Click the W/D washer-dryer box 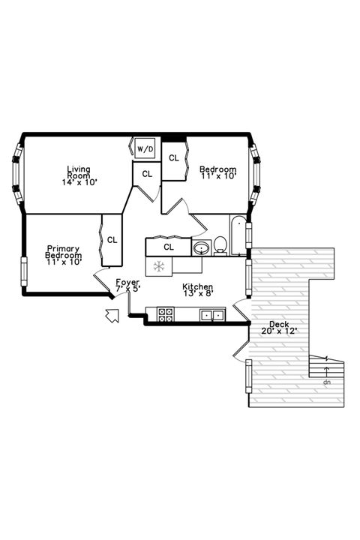pyautogui.click(x=145, y=149)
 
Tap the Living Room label pyautogui.click(x=79, y=175)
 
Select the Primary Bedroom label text pyautogui.click(x=63, y=255)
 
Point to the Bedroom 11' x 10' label pyautogui.click(x=217, y=173)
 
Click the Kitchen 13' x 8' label pyautogui.click(x=198, y=290)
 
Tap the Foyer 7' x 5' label pyautogui.click(x=127, y=286)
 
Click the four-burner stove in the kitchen pyautogui.click(x=165, y=315)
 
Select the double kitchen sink pyautogui.click(x=211, y=315)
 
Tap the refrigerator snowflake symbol pyautogui.click(x=158, y=265)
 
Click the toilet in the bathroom pyautogui.click(x=220, y=245)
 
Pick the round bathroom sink pyautogui.click(x=201, y=247)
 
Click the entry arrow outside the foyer pyautogui.click(x=112, y=316)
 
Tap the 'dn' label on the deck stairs pyautogui.click(x=326, y=382)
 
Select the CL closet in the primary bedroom pyautogui.click(x=112, y=240)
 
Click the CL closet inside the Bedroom pyautogui.click(x=173, y=158)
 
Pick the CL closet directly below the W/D pyautogui.click(x=147, y=174)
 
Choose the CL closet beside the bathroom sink pyautogui.click(x=169, y=246)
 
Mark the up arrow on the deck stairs pyautogui.click(x=326, y=369)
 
